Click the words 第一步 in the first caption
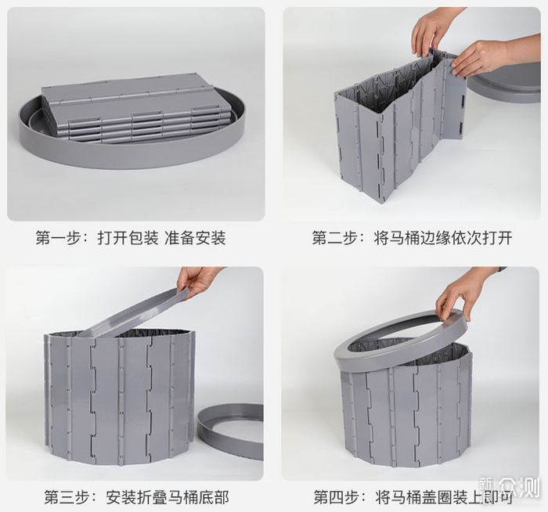coord(59,238)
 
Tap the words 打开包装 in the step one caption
coord(128,238)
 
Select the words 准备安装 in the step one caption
coord(195,238)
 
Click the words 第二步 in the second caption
coord(335,238)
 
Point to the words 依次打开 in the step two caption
coord(481,238)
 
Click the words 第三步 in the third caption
coord(67,497)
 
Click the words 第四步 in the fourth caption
coord(336,497)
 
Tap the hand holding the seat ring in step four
coord(461,294)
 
